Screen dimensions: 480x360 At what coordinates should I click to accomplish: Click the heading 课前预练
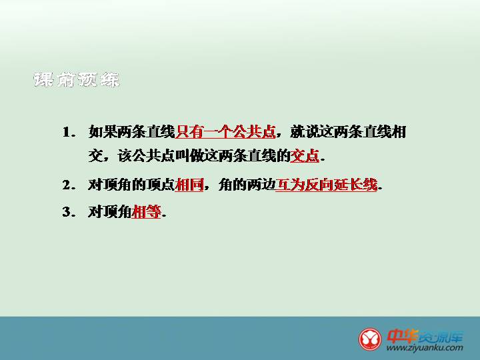(76, 80)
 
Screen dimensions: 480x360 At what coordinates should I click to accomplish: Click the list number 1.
(69, 132)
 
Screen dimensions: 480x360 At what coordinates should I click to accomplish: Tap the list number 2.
(69, 185)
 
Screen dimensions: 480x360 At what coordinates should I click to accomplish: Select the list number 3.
(69, 212)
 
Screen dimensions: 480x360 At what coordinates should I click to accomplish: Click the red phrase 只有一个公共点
(225, 132)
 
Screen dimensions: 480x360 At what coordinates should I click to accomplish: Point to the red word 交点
(305, 155)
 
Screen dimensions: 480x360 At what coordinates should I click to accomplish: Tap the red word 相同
(189, 185)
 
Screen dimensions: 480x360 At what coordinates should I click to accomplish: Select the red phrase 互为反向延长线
(326, 185)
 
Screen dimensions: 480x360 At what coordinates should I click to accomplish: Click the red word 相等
(146, 211)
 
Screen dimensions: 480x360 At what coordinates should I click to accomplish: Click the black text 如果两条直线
(131, 132)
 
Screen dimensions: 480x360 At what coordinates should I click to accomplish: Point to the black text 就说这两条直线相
(348, 132)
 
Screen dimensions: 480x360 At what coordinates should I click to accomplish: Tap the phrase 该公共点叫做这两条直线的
(204, 155)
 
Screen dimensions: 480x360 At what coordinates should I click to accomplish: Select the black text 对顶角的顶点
(131, 185)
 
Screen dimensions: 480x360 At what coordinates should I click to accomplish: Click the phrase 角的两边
(247, 185)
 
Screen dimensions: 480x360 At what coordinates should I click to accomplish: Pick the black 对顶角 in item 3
(110, 211)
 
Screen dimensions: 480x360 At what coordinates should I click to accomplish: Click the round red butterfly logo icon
(370, 339)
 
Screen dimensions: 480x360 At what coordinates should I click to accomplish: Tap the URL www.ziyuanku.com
(425, 348)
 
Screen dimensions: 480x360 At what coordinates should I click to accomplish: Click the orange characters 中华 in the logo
(403, 336)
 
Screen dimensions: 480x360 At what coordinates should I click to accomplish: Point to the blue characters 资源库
(441, 337)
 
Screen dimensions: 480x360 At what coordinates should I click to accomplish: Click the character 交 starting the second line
(95, 155)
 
